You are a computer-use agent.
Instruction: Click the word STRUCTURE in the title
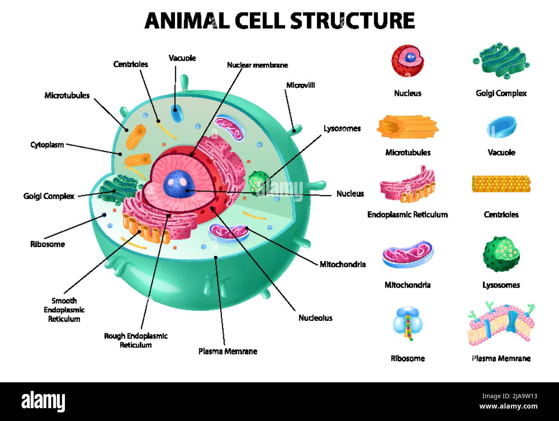click(352, 20)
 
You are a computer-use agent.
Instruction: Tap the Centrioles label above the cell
click(131, 64)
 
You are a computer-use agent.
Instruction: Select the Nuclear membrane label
click(257, 65)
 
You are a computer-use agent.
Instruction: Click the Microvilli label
click(300, 85)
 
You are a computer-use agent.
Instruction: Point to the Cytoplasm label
click(47, 144)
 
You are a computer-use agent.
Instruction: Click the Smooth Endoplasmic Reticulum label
click(64, 310)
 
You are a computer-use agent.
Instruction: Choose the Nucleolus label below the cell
click(315, 318)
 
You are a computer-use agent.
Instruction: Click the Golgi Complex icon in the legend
click(501, 60)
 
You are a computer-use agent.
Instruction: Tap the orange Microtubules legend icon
click(407, 127)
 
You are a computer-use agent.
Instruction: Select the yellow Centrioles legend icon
click(501, 184)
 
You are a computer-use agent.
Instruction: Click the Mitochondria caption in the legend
click(407, 285)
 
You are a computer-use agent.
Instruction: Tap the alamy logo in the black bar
click(43, 401)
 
